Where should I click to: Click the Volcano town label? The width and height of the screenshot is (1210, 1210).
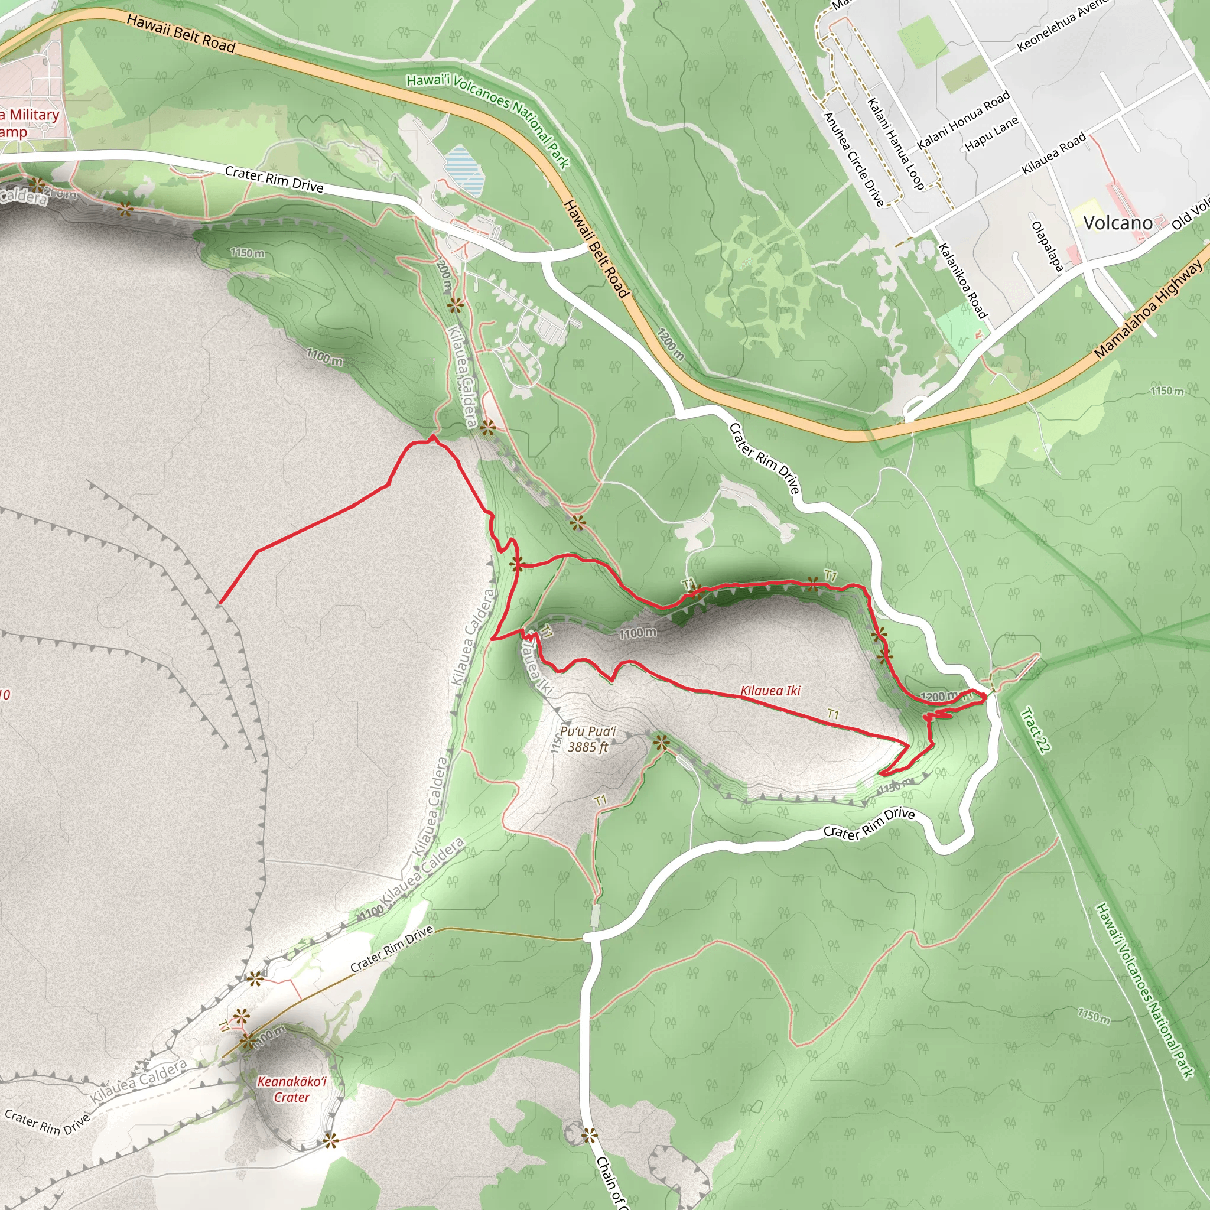pos(1117,222)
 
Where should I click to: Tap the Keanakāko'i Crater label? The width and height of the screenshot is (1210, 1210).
pos(292,1089)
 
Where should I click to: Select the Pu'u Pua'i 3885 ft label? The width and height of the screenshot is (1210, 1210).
pos(587,739)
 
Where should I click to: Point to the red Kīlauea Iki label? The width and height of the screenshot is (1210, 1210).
pos(770,691)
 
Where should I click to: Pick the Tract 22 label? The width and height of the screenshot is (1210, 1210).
pos(1035,730)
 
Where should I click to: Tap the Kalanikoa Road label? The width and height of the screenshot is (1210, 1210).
pos(962,281)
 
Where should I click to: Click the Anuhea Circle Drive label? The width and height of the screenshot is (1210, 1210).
pos(854,159)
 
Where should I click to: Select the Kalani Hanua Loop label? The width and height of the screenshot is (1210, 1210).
pos(896,144)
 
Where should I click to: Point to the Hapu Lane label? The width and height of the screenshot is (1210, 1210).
pos(991,134)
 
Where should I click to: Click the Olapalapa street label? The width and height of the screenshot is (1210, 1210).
pos(1047,246)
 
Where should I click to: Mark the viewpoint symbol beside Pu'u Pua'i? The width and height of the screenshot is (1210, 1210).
pos(661,743)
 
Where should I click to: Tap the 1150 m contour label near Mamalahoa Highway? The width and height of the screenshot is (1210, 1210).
pos(1167,391)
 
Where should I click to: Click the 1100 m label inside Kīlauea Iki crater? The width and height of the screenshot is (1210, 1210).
pos(638,633)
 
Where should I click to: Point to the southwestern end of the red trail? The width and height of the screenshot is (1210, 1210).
pos(220,603)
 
